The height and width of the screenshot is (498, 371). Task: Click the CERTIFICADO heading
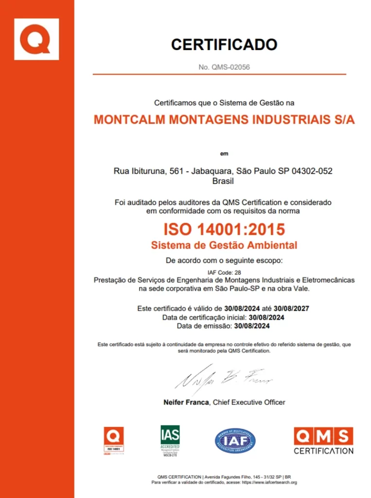click(224, 45)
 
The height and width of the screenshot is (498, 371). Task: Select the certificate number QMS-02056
click(230, 67)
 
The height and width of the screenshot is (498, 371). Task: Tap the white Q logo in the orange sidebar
click(36, 39)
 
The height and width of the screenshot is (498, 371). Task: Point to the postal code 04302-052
click(311, 171)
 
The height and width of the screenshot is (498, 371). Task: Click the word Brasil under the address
click(223, 181)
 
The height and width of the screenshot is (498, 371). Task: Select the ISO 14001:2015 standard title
click(224, 229)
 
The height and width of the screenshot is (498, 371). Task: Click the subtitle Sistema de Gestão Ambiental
click(224, 245)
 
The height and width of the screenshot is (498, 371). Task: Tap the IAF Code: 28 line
click(224, 272)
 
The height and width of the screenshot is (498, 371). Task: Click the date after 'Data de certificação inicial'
click(266, 317)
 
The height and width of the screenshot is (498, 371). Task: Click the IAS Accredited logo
click(170, 440)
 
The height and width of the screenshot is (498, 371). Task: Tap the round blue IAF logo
click(235, 441)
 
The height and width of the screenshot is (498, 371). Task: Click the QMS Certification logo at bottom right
click(323, 440)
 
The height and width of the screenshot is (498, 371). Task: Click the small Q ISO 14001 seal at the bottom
click(113, 441)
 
